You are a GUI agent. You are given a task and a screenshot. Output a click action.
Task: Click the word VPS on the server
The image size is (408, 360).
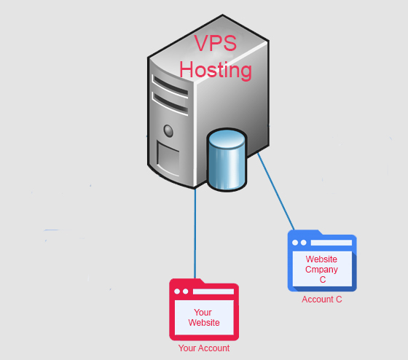pyautogui.click(x=215, y=43)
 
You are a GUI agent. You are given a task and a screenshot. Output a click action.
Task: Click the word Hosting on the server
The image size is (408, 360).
pyautogui.click(x=216, y=70)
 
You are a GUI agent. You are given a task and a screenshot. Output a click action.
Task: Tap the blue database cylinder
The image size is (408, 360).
pyautogui.click(x=227, y=160)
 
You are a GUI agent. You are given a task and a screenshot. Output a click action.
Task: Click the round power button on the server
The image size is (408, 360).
pyautogui.click(x=168, y=130)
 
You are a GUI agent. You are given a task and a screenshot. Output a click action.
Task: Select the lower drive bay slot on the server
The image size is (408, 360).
pyautogui.click(x=170, y=103)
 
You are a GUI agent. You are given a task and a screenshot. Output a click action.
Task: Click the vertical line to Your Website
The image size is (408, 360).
pyautogui.click(x=195, y=233)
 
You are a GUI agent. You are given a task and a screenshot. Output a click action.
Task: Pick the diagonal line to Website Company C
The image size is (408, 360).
pyautogui.click(x=276, y=192)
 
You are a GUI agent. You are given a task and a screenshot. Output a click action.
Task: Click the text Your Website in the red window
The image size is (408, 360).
pyautogui.click(x=204, y=318)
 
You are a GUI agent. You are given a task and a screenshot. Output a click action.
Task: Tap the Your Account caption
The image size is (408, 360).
pyautogui.click(x=204, y=348)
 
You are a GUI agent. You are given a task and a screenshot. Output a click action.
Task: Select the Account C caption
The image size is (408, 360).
pyautogui.click(x=321, y=300)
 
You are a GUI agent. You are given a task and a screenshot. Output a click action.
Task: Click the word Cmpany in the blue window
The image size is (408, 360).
pyautogui.click(x=321, y=270)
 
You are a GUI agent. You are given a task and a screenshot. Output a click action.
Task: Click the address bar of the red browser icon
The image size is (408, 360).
pyautogui.click(x=213, y=291)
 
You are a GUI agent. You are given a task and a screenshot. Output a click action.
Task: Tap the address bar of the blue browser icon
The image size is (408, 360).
pyautogui.click(x=331, y=243)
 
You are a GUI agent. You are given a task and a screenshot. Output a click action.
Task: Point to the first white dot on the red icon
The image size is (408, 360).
pyautogui.click(x=177, y=291)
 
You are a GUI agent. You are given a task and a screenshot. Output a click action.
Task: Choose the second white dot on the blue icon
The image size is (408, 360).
pyautogui.click(x=303, y=243)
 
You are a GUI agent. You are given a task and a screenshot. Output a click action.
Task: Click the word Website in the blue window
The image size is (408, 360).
pyautogui.click(x=321, y=259)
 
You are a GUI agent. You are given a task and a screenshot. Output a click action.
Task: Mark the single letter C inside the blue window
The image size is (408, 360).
pyautogui.click(x=322, y=280)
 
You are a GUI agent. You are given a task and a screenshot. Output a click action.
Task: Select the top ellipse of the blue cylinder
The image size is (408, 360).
pyautogui.click(x=227, y=138)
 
